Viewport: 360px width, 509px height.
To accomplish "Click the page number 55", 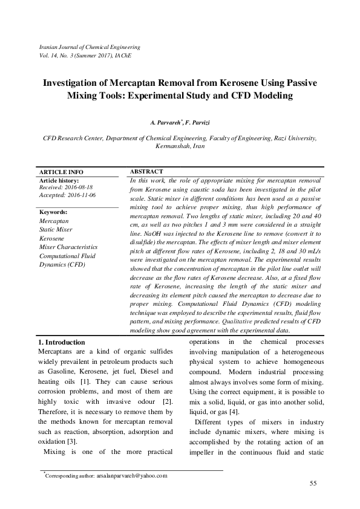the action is [313, 482].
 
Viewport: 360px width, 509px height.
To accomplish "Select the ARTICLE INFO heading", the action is [61, 172].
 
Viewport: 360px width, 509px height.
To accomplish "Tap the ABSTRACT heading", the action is [146, 172].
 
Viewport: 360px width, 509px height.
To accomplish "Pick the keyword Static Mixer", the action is [56, 230].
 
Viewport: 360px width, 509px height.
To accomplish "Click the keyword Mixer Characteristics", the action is [68, 247].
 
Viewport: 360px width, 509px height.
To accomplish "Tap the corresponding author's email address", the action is [131, 476].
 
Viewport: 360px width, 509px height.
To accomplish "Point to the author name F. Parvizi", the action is [198, 123].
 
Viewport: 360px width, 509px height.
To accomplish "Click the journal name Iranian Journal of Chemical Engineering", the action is [89, 47].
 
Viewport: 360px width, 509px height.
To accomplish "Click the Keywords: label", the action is [53, 212].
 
